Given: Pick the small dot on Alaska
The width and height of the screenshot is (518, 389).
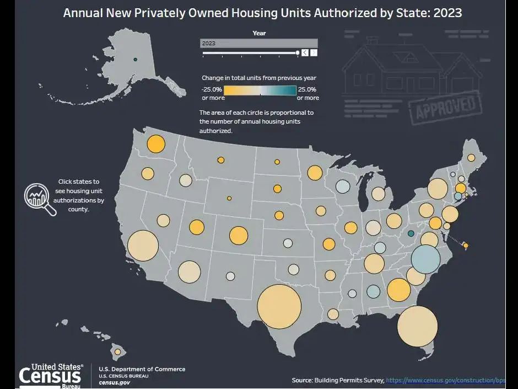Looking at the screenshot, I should [136, 59].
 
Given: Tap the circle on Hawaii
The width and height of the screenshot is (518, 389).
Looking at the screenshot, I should [117, 351].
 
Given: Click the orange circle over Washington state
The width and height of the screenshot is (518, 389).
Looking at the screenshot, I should [156, 144].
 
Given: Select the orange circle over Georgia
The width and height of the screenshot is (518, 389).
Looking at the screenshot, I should [399, 290].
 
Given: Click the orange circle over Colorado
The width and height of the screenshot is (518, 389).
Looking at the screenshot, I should [239, 235].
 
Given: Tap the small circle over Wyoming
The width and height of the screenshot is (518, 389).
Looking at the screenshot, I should [229, 198].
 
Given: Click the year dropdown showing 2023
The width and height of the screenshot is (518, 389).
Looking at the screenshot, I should [258, 43].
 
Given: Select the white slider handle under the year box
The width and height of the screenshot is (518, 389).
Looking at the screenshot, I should [298, 53].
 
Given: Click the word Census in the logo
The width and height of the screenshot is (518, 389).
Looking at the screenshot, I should [50, 376].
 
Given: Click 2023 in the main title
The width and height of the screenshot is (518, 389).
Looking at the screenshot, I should [447, 12].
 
